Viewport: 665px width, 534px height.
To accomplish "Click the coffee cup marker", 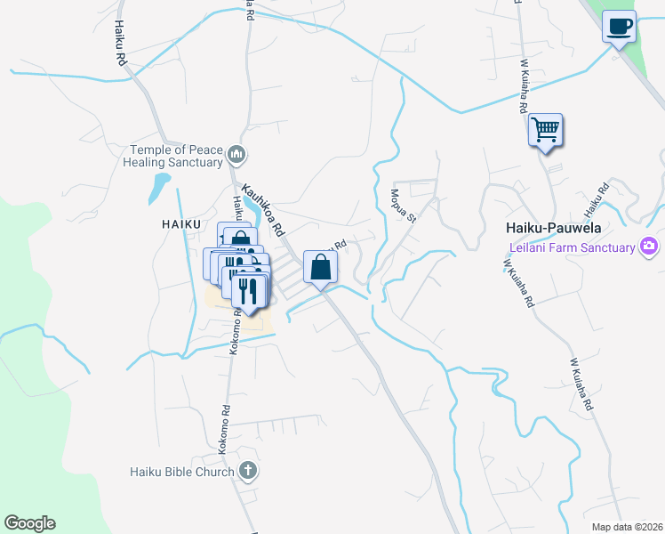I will [x=619, y=26].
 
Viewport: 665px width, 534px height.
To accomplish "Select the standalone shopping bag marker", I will [x=320, y=266].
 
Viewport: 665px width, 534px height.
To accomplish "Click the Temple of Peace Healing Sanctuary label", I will [x=176, y=156].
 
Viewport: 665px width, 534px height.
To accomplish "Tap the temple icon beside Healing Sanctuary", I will [x=236, y=156].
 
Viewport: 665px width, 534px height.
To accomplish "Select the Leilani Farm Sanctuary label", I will [x=572, y=247].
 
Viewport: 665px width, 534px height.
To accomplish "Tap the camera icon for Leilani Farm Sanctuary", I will [x=649, y=246].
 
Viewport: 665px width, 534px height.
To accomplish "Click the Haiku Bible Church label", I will [x=182, y=471].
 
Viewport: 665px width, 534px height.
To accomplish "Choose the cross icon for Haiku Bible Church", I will [x=248, y=471].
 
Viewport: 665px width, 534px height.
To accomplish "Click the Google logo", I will [x=29, y=522].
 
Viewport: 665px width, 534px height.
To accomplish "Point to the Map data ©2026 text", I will [x=626, y=526].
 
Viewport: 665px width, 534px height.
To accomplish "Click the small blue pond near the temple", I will [x=160, y=188].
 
